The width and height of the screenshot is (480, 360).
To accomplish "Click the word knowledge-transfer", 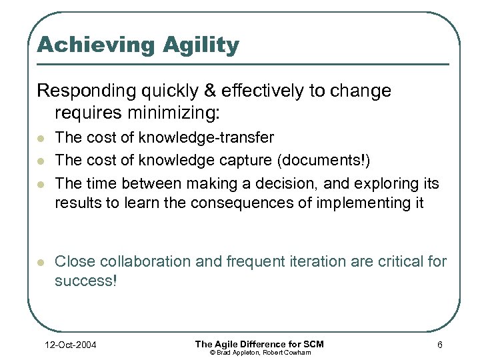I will pos(207,137).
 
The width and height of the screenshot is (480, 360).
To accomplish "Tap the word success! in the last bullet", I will pos(85,281).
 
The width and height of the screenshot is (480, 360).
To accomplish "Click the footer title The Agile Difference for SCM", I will pos(259,343).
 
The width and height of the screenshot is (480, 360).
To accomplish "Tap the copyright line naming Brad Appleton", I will pos(259,352).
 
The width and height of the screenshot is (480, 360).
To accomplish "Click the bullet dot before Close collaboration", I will pos(41,263).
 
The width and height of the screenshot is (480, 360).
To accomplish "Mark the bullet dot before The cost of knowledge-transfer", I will pos(41,139).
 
